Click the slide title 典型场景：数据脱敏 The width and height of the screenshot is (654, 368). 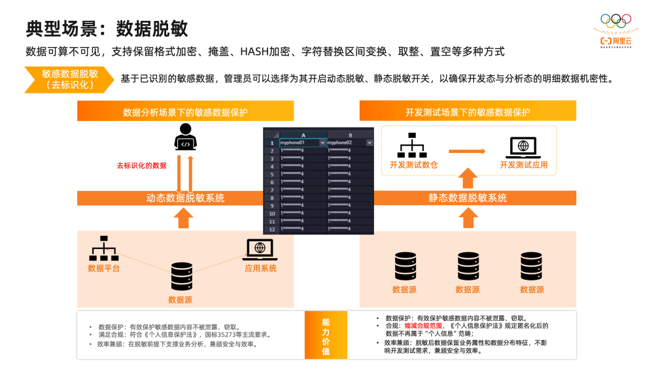(107, 28)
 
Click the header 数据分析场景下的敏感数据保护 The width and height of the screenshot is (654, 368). (185, 112)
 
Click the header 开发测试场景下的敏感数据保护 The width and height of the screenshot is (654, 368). (468, 112)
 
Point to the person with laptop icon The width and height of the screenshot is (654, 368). (185, 137)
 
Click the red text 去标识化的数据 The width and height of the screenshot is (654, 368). (141, 165)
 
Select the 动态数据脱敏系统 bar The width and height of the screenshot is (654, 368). (185, 198)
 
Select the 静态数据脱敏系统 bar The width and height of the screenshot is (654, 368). (468, 198)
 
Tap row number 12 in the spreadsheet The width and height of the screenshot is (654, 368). (271, 229)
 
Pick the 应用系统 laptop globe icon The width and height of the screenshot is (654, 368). (260, 249)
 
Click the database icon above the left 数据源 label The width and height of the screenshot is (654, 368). (181, 276)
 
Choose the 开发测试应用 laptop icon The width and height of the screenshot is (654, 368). (523, 147)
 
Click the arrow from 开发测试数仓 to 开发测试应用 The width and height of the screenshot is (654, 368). (468, 151)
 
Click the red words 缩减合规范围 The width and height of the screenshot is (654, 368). (423, 325)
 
